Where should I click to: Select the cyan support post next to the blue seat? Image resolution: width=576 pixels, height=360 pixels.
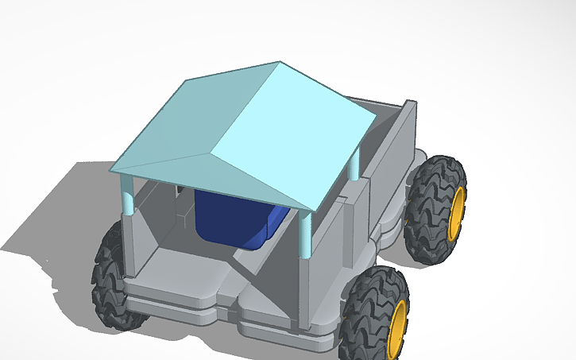pyautogui.click(x=304, y=234)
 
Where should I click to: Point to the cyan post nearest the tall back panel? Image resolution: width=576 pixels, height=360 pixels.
pyautogui.click(x=354, y=167)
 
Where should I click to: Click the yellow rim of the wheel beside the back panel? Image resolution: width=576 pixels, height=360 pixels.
pyautogui.click(x=456, y=213)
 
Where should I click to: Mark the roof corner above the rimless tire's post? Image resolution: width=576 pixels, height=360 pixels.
pyautogui.click(x=111, y=172)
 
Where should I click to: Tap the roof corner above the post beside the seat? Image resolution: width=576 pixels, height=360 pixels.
pyautogui.click(x=312, y=211)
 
